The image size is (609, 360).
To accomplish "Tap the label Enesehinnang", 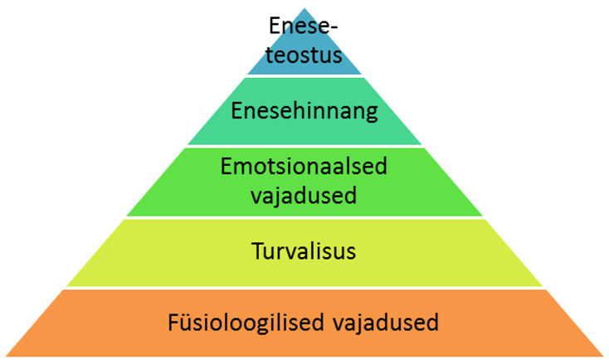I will pyautogui.click(x=304, y=110).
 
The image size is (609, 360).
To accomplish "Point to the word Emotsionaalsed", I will pyautogui.click(x=304, y=167).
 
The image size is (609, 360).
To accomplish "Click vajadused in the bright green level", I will pyautogui.click(x=304, y=197).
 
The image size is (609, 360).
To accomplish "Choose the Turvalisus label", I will pyautogui.click(x=304, y=251).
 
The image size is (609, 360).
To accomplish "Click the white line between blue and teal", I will pyautogui.click(x=305, y=77).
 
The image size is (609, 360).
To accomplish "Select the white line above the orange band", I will pyautogui.click(x=305, y=288).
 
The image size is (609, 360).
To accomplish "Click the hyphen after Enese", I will pyautogui.click(x=337, y=28).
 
